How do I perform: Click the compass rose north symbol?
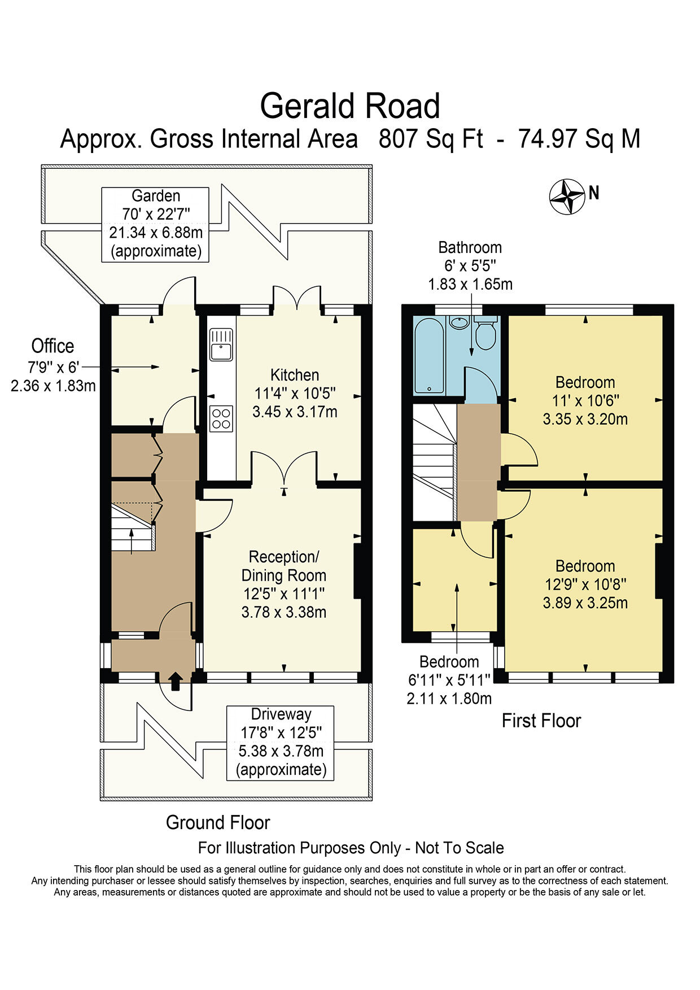tap(567, 197)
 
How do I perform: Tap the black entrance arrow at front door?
tap(175, 681)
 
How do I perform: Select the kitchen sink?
tap(221, 345)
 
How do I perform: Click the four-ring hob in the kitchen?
tap(221, 418)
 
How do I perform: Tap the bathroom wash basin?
tap(460, 322)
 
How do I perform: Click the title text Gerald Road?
tap(349, 106)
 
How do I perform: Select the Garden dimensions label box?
tap(155, 224)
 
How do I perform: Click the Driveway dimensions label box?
tap(281, 743)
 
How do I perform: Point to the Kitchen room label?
tap(295, 375)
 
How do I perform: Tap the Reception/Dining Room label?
tap(283, 566)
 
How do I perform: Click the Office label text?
tap(53, 346)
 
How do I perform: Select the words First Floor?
tap(541, 721)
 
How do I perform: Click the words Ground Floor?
tap(218, 822)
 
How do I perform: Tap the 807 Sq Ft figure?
tap(430, 139)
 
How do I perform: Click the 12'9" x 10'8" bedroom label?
tap(585, 584)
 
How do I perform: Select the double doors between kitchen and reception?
tap(284, 469)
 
